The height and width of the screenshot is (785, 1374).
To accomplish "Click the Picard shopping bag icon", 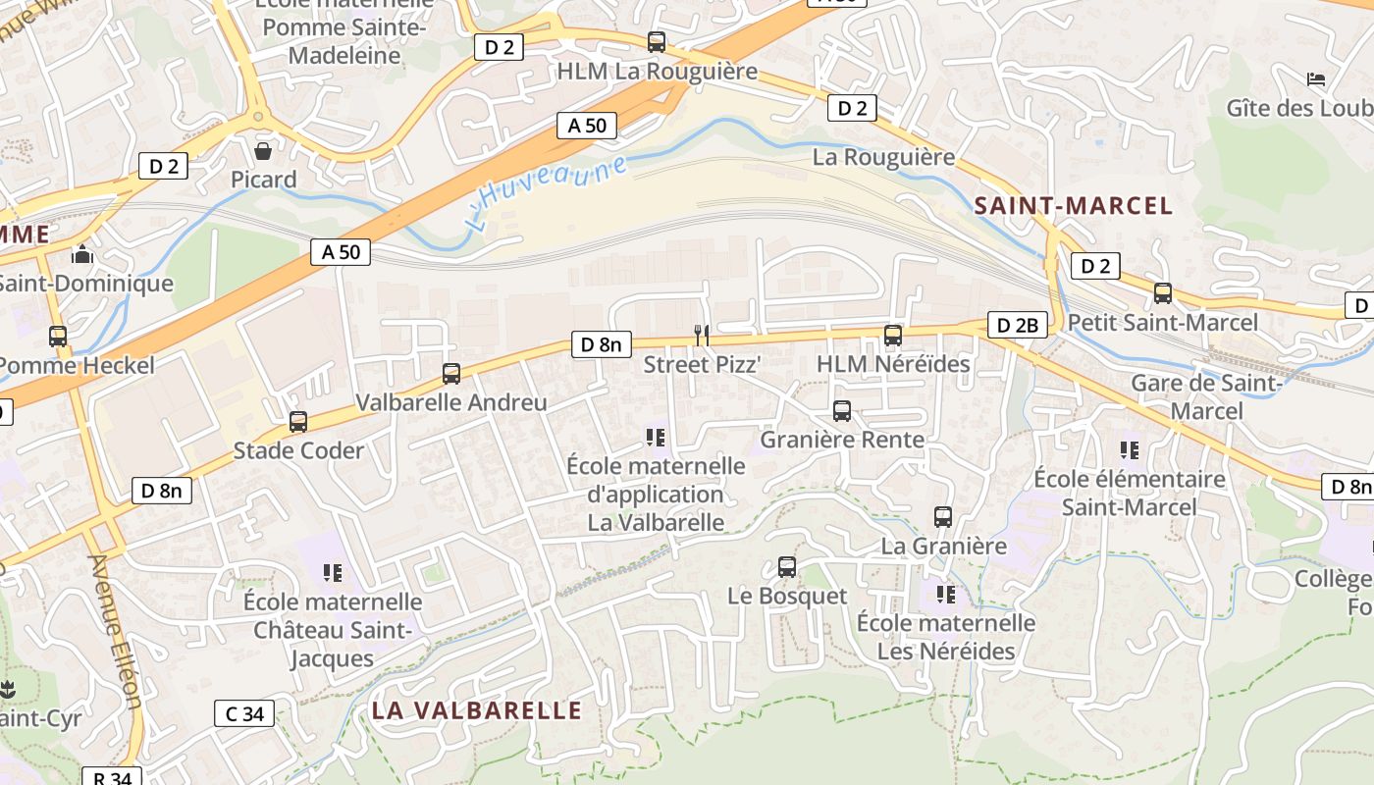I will point(263,151).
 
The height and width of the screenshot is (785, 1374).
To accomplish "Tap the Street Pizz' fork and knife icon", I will point(701,336).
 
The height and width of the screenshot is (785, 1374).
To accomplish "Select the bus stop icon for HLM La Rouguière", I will point(657,42).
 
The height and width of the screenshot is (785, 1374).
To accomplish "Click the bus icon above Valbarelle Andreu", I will point(451,374).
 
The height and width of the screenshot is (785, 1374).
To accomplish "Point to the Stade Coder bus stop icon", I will point(298,422).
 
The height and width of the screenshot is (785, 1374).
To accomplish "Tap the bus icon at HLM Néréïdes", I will point(893,336).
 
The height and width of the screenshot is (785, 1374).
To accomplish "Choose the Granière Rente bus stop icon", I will point(842,411).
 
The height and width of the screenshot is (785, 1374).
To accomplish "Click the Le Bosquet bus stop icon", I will point(787,567).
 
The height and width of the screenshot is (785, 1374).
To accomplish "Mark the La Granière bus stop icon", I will point(943,517).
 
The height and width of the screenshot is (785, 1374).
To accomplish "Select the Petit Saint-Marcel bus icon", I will point(1163,293).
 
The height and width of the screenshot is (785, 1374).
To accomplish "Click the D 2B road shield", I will point(1017,325).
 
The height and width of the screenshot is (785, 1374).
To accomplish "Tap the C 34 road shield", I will point(244,713).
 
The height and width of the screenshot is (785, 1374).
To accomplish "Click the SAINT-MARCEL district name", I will point(1074,206).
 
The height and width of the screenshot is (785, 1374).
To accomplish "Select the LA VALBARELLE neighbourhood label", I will point(477,710).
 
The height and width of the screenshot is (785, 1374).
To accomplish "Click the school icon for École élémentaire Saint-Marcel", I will point(1130,450).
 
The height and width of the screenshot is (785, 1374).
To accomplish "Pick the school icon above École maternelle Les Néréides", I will point(946,595).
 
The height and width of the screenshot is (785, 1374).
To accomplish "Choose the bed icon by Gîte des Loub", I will point(1316,78).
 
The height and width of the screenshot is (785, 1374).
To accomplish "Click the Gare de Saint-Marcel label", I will point(1206,396).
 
